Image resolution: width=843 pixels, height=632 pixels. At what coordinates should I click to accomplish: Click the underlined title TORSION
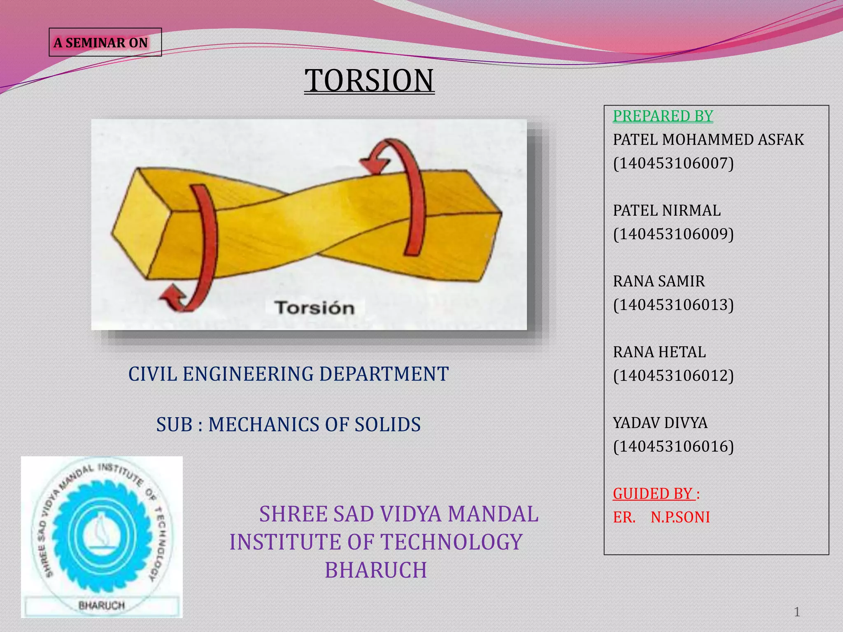click(x=369, y=80)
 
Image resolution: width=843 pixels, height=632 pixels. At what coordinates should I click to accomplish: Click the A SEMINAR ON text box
click(x=105, y=42)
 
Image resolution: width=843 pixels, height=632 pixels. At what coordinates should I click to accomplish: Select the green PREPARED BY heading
click(x=663, y=116)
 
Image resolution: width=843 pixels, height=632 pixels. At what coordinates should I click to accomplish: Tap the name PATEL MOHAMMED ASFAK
click(x=708, y=140)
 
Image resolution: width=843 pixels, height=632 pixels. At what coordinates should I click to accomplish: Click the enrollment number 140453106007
click(x=673, y=163)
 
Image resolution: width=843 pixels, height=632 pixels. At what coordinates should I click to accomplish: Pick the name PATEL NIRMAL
click(x=667, y=211)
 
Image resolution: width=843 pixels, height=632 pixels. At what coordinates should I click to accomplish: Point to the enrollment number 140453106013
click(x=673, y=305)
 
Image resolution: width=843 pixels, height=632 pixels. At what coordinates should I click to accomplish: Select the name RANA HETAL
click(x=659, y=352)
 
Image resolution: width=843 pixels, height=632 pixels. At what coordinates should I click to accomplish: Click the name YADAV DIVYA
click(x=660, y=423)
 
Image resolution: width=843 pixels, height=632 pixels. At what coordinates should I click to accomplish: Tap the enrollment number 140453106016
click(x=673, y=446)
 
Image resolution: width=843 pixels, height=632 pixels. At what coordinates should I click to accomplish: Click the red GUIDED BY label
click(x=654, y=493)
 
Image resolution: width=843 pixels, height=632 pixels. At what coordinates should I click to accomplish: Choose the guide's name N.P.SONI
click(x=680, y=517)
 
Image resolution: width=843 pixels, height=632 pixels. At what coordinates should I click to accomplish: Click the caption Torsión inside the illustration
click(x=315, y=308)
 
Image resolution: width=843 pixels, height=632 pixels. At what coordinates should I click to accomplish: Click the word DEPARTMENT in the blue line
click(x=384, y=374)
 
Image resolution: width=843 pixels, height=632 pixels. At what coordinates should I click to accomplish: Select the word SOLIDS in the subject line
click(x=387, y=425)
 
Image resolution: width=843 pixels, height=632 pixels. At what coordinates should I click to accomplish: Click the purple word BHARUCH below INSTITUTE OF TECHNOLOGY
click(x=376, y=570)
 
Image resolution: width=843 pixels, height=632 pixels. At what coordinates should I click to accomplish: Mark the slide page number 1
click(x=797, y=612)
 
